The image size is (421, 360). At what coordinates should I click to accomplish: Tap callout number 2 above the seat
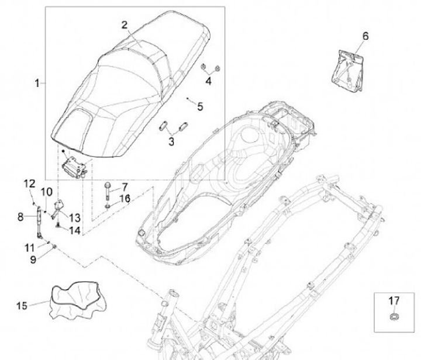point(125,25)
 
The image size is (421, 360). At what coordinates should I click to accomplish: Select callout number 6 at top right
point(365,36)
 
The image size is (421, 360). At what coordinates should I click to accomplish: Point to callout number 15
point(22,305)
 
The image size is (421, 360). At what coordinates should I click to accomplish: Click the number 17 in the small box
point(394,301)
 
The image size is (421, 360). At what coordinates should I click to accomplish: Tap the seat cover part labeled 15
point(73,300)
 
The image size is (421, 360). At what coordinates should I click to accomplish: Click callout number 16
point(125,199)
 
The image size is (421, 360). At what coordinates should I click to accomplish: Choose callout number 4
point(208,80)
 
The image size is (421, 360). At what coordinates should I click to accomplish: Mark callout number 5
point(200,106)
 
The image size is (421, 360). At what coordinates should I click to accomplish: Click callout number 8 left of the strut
point(20,216)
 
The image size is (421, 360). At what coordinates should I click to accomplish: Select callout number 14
point(74,230)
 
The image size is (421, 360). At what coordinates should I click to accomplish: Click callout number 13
point(74,217)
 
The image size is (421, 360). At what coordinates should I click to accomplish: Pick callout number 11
point(29,247)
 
